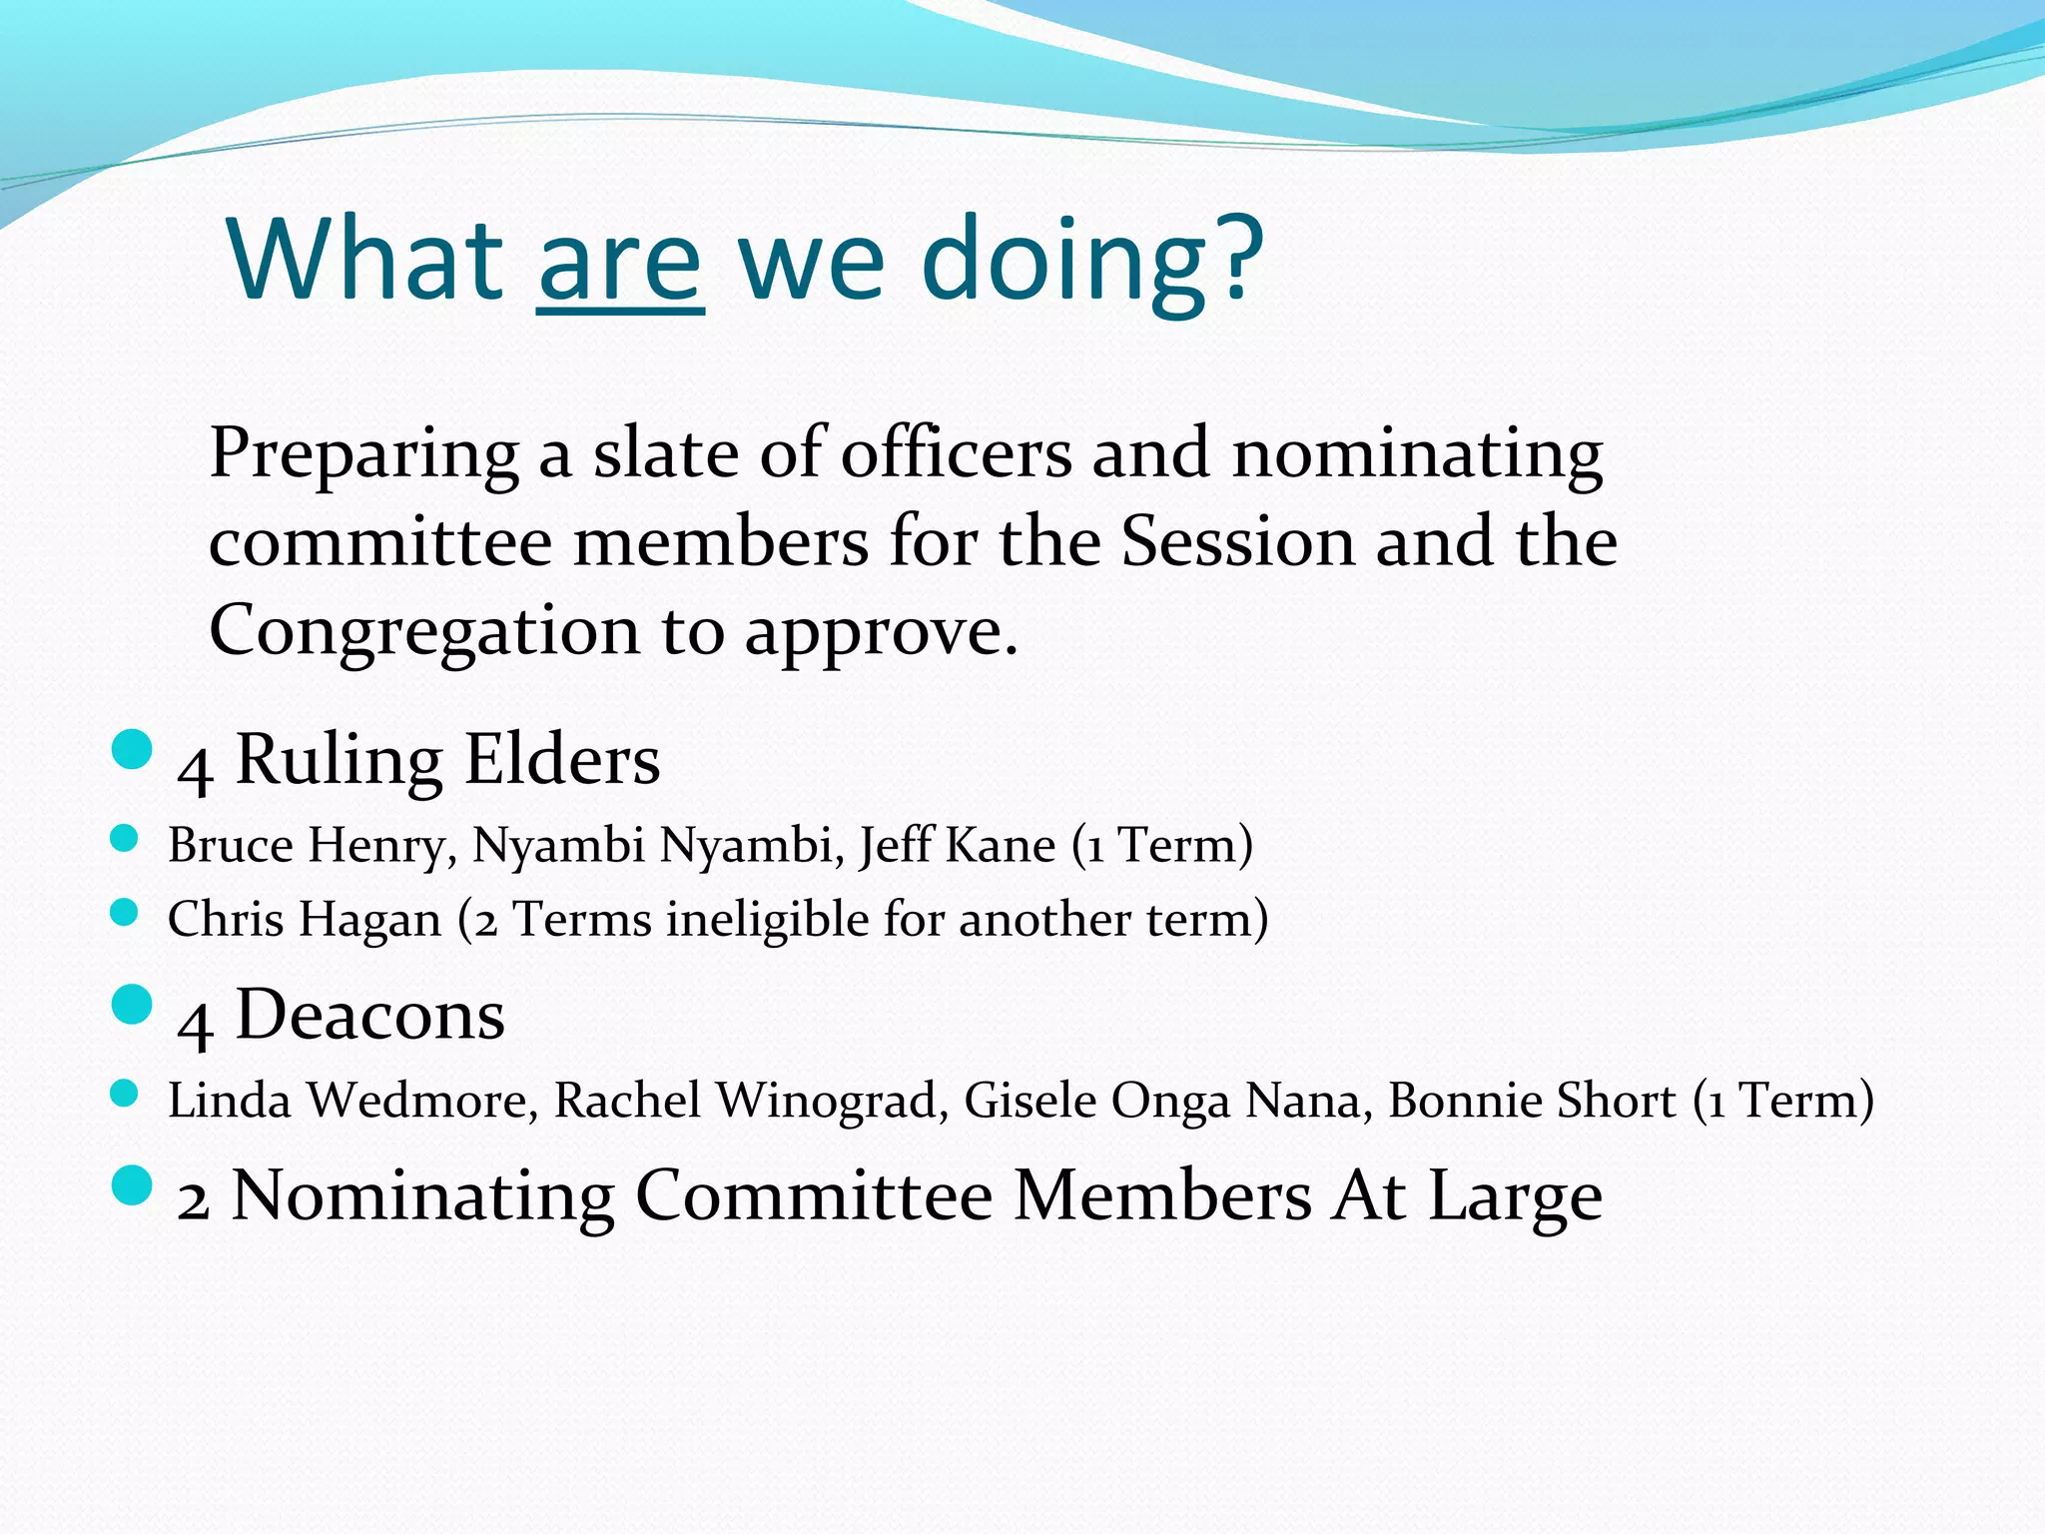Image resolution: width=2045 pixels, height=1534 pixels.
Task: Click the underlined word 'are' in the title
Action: coord(620,262)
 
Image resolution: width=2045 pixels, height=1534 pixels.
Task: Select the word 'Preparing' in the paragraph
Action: coord(364,454)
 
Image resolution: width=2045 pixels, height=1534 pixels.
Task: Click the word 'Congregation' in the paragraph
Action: coord(423,632)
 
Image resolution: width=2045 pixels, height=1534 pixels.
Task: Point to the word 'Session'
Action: coord(1237,542)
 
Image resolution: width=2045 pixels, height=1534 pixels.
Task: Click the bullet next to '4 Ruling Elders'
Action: coord(132,749)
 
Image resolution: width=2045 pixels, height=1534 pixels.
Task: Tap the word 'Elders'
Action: coord(562,761)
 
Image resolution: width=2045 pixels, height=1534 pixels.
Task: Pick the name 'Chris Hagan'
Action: coord(304,920)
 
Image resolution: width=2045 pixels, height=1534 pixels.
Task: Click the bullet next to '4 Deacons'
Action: coord(132,1005)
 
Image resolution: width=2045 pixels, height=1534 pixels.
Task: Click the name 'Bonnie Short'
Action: coord(1531,1101)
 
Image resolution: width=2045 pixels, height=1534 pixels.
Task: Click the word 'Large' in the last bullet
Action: coord(1515,1196)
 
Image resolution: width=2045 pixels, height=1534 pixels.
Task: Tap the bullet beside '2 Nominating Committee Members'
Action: coord(132,1185)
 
